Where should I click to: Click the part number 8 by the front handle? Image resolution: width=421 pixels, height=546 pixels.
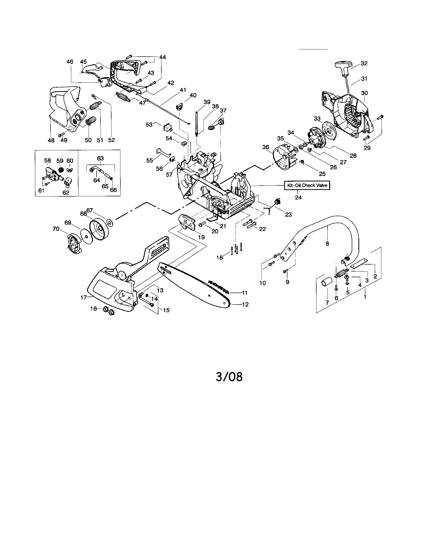pos(327,243)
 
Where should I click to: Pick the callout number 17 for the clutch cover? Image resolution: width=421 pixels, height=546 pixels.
pos(83,297)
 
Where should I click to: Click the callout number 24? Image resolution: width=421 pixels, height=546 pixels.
pos(298,198)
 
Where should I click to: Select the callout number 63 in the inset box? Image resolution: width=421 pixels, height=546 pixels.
pos(100,158)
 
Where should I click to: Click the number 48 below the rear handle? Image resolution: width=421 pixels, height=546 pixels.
pos(51,140)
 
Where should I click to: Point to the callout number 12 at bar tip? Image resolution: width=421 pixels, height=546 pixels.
pos(245,304)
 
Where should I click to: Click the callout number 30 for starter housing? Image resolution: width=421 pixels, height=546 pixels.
pos(364,93)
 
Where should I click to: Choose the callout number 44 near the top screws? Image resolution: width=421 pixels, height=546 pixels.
pos(163,57)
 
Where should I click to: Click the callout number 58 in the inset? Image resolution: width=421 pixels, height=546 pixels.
pos(47,161)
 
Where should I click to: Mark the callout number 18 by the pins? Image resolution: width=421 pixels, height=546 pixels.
pos(219,258)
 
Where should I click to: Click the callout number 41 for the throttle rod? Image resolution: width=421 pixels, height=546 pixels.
pos(183,90)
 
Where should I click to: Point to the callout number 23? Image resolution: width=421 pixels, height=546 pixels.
pos(288,214)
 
